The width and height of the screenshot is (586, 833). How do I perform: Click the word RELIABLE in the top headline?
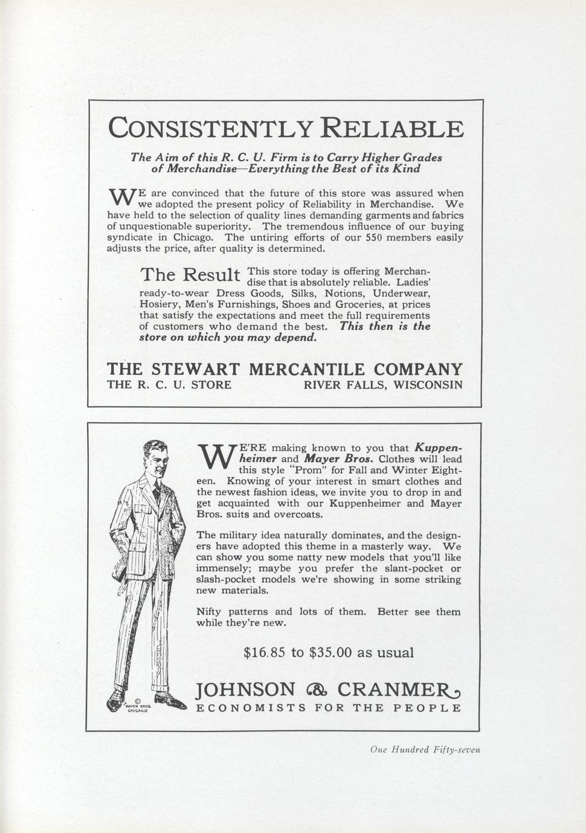point(391,129)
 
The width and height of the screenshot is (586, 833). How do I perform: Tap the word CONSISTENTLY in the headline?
point(210,129)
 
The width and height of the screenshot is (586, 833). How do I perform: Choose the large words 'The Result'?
point(190,275)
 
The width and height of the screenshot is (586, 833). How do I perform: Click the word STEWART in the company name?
point(196,369)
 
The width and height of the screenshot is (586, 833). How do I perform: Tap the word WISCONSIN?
point(428,385)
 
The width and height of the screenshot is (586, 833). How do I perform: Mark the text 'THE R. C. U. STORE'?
point(169,385)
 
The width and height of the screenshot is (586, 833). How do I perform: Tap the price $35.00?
point(330,652)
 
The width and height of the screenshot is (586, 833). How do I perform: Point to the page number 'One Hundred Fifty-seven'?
point(425,750)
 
